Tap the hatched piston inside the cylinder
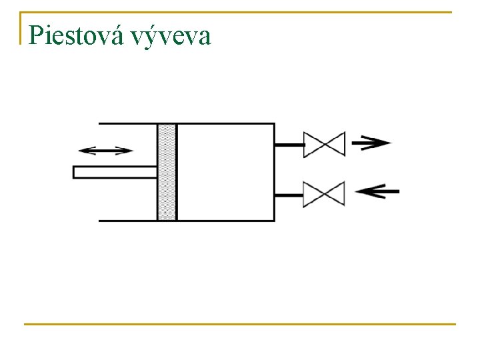167,172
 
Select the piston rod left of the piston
115,172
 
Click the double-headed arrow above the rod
105,150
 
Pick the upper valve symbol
324,144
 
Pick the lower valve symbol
324,194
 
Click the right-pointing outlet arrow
371,142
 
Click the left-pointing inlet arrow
377,192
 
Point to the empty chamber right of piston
225,172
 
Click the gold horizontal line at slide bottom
240,324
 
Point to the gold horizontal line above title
240,12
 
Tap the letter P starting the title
37,35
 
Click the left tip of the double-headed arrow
79,150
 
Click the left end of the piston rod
75,172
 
